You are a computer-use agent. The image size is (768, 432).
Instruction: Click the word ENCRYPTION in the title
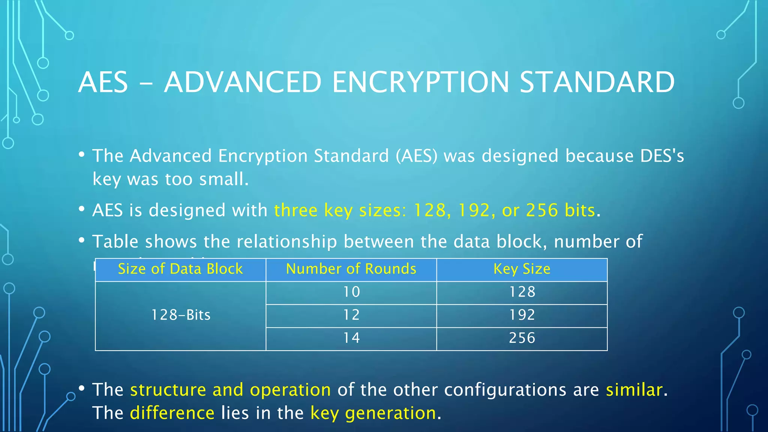(x=420, y=82)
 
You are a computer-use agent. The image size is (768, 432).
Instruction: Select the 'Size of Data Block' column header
(x=180, y=269)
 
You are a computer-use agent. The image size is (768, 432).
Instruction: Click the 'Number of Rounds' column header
(x=351, y=269)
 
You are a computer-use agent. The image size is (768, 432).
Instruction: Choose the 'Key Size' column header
(x=522, y=269)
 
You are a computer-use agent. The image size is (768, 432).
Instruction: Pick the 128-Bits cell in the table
(x=180, y=315)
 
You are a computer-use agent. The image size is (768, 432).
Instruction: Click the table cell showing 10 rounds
(x=351, y=292)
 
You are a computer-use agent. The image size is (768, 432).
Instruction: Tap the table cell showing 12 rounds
(x=351, y=315)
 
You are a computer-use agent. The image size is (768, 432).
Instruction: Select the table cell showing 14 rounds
(x=351, y=338)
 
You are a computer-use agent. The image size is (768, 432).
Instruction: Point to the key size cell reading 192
(x=522, y=315)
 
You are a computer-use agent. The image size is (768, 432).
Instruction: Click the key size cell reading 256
(x=522, y=338)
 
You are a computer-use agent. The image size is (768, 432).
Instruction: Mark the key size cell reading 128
(x=522, y=292)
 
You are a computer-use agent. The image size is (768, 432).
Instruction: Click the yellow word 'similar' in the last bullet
(x=634, y=390)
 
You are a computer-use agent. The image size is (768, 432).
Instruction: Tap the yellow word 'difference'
(x=172, y=413)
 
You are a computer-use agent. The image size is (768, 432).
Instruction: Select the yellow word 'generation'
(x=390, y=413)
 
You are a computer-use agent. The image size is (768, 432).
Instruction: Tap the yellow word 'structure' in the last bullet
(x=168, y=390)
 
